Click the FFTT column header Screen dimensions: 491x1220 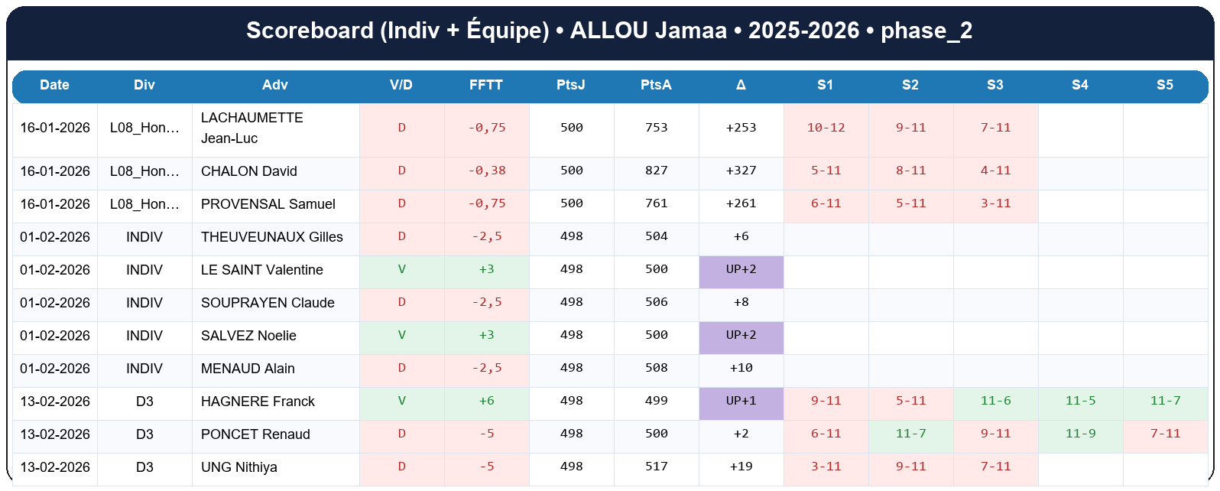(x=486, y=85)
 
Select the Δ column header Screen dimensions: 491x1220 (x=741, y=85)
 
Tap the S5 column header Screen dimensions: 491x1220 (x=1164, y=85)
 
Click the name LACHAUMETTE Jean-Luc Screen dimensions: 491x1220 (x=251, y=128)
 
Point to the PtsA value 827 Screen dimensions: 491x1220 (x=656, y=171)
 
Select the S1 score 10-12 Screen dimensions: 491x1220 (x=826, y=128)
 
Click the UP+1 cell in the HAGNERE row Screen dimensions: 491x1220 (x=741, y=401)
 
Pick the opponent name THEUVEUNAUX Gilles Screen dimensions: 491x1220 (x=271, y=237)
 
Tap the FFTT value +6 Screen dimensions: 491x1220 (x=486, y=401)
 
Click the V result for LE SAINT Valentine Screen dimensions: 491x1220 (x=401, y=269)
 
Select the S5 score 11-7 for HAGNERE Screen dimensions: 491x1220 (x=1165, y=401)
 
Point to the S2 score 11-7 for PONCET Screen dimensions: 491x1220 (x=910, y=434)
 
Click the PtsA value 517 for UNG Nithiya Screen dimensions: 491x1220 (x=656, y=467)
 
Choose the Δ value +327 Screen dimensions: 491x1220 (x=741, y=171)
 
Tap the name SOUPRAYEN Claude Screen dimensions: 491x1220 (x=268, y=303)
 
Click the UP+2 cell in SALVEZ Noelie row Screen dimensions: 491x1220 (x=741, y=335)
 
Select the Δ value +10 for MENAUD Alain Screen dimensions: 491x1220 (x=741, y=368)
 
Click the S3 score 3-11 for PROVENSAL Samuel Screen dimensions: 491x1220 (x=995, y=203)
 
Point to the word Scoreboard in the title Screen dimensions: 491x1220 (x=310, y=31)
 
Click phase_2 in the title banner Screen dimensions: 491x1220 (x=926, y=31)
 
